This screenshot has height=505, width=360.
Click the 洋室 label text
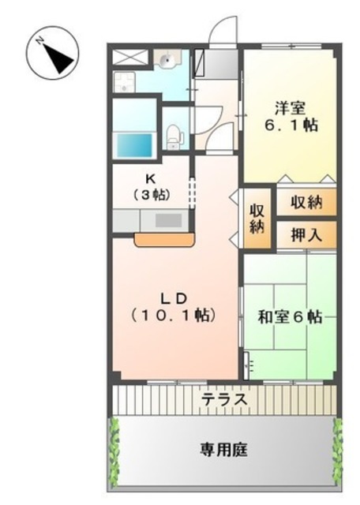click(x=291, y=108)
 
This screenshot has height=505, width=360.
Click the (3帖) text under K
click(x=152, y=193)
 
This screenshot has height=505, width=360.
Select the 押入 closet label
click(x=305, y=234)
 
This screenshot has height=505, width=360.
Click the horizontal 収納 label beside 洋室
click(x=305, y=202)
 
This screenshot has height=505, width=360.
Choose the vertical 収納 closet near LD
click(x=257, y=217)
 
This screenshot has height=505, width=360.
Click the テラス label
click(x=224, y=400)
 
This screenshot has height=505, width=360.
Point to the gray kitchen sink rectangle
click(x=168, y=220)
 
